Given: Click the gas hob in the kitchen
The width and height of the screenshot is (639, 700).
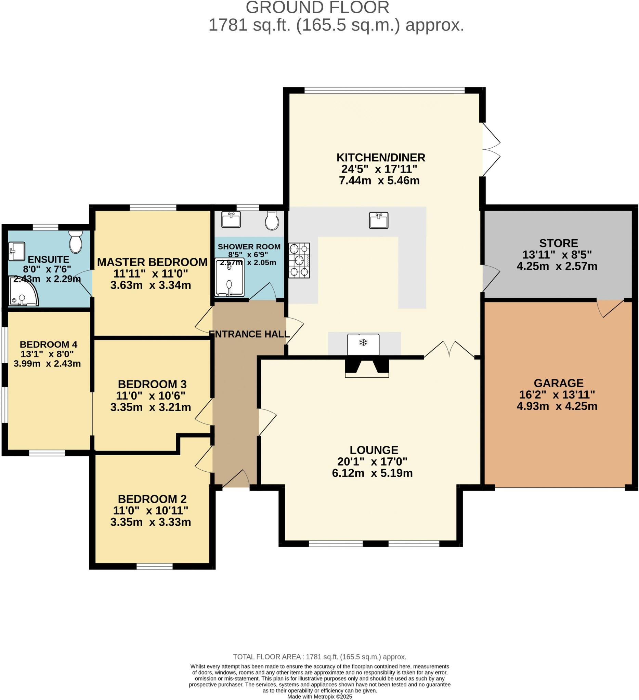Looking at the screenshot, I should click(x=299, y=260).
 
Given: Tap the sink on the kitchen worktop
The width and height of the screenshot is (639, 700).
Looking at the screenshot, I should click(x=378, y=220).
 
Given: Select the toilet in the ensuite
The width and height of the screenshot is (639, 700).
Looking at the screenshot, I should click(x=76, y=242).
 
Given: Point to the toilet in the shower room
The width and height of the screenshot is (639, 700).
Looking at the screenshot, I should click(x=272, y=220).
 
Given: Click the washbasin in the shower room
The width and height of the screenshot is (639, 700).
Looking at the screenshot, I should click(x=231, y=219).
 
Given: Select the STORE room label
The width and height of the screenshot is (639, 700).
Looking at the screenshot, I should click(x=558, y=243).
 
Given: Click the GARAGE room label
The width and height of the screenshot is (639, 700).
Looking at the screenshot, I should click(x=558, y=383).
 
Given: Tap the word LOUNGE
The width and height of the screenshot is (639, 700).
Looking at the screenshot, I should click(x=374, y=450).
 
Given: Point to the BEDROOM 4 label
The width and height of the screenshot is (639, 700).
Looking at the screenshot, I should click(x=48, y=345).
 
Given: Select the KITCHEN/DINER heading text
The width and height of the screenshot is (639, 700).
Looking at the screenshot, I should click(x=380, y=158).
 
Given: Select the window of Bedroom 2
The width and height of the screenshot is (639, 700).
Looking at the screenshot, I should click(x=154, y=567).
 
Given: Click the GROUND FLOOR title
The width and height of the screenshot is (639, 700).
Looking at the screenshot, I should click(x=317, y=8).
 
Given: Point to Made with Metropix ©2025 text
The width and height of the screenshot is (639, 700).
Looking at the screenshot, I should click(x=319, y=697).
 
